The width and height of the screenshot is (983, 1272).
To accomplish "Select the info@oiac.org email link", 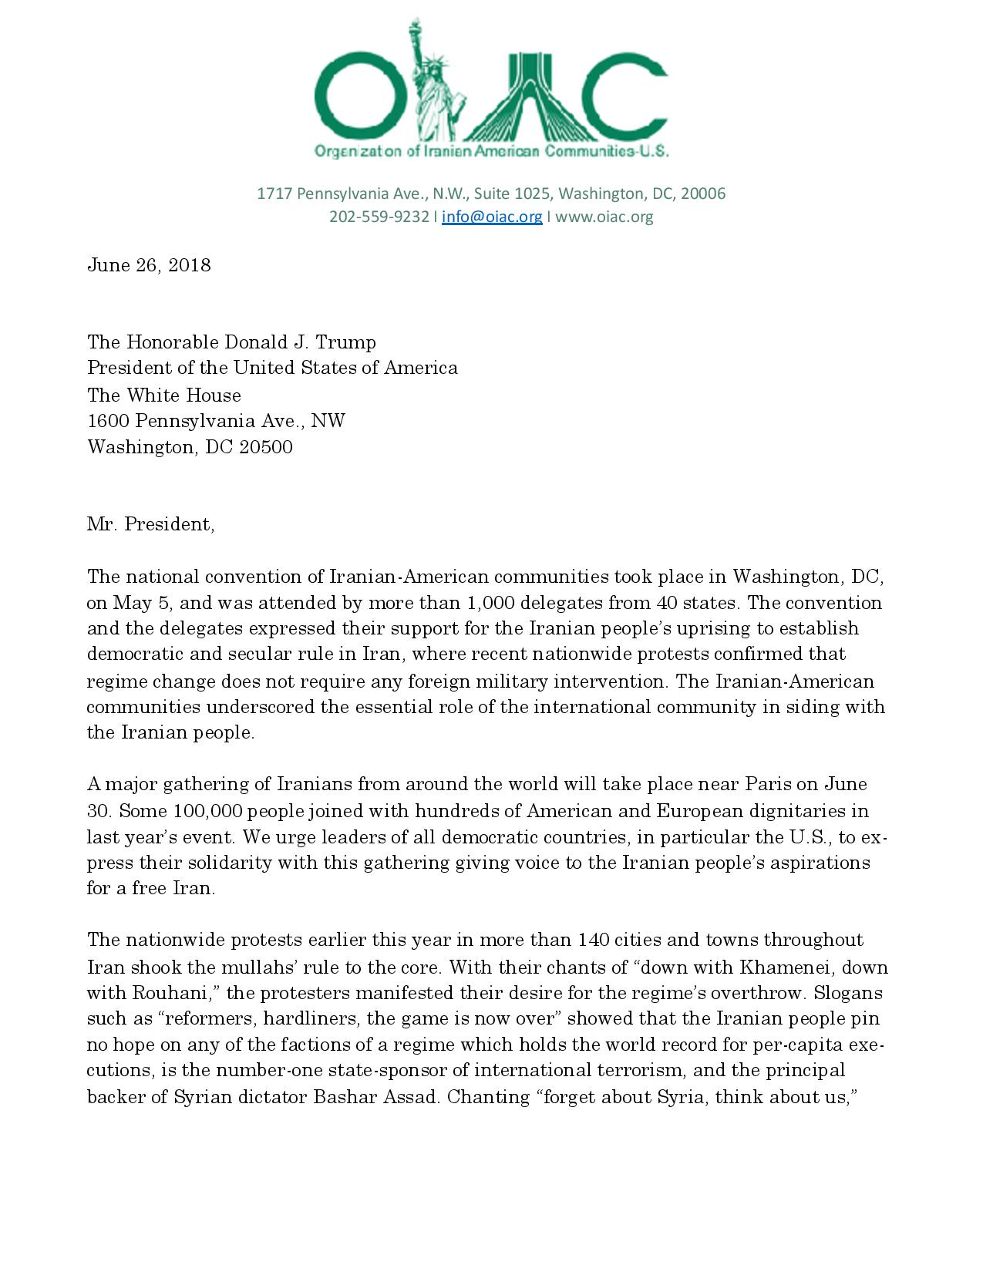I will click(492, 217).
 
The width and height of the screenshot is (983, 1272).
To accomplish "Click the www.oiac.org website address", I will click(604, 217).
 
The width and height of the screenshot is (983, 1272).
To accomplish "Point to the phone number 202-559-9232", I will click(379, 217).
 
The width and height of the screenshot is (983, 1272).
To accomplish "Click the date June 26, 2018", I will click(149, 265).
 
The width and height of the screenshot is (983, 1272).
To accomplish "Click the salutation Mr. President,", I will click(150, 524).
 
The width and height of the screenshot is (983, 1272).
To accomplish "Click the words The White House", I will click(163, 395).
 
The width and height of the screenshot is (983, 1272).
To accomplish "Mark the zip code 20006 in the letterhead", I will click(702, 193).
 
